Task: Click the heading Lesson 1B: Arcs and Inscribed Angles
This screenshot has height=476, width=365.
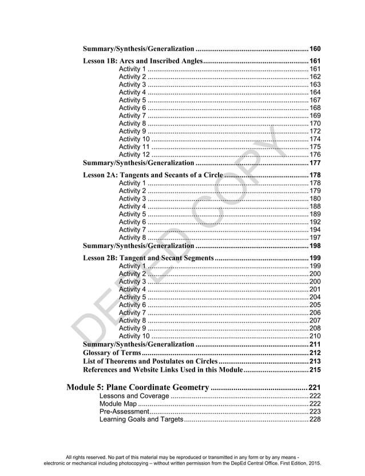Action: tap(143, 61)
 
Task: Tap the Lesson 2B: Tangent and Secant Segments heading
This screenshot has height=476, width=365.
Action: tap(148, 258)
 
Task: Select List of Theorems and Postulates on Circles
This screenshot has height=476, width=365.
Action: tap(150, 361)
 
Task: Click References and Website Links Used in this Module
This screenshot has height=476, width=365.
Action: tap(163, 370)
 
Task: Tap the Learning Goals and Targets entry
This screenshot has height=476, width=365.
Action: tap(141, 420)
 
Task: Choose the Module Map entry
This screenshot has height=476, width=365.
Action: tap(118, 403)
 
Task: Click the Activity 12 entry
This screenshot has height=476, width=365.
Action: tap(134, 154)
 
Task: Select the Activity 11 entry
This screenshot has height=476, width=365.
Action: tap(134, 147)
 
